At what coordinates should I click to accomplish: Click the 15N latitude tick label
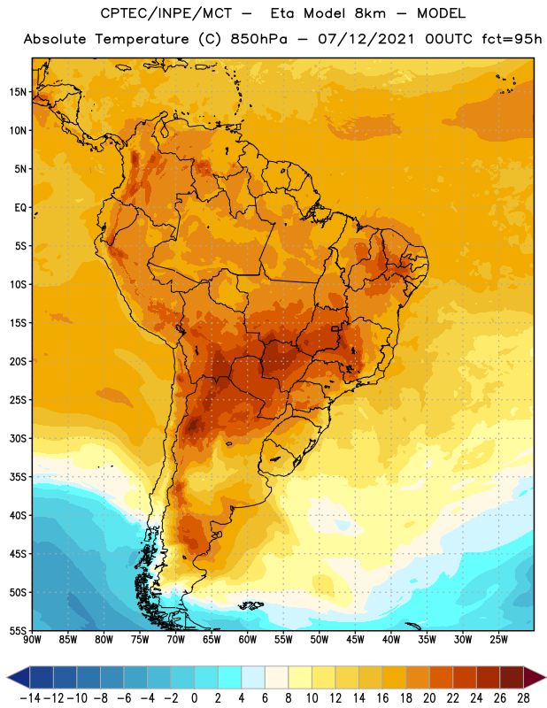[18, 92]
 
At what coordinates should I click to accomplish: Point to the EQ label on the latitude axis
[20, 208]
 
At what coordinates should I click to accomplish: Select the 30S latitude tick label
[18, 438]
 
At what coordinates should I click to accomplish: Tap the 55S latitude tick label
[18, 630]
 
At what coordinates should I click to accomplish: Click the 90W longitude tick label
[32, 640]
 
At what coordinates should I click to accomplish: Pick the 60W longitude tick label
[248, 640]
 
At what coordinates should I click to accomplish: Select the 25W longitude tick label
[498, 640]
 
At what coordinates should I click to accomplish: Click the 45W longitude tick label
[355, 640]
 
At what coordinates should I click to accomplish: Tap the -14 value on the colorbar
[30, 698]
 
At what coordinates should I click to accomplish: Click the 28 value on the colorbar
[523, 698]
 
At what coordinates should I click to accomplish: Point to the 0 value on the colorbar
[194, 698]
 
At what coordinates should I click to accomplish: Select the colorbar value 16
[382, 698]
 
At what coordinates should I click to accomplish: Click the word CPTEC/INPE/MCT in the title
[166, 13]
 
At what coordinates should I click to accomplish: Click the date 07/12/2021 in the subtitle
[366, 39]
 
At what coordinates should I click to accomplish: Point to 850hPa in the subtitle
[258, 39]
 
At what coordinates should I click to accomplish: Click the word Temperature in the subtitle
[142, 40]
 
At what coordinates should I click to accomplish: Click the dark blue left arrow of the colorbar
[18, 677]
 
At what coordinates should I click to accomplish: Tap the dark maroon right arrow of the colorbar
[535, 677]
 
